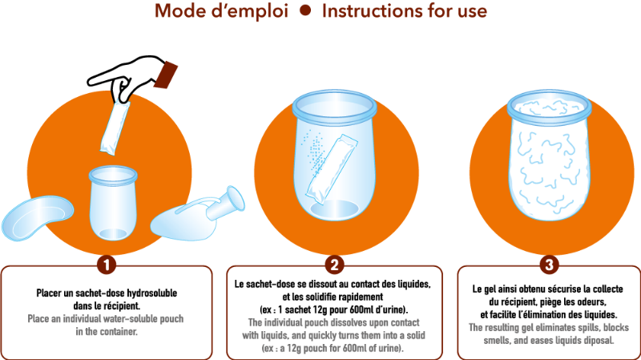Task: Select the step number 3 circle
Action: [548, 264]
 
